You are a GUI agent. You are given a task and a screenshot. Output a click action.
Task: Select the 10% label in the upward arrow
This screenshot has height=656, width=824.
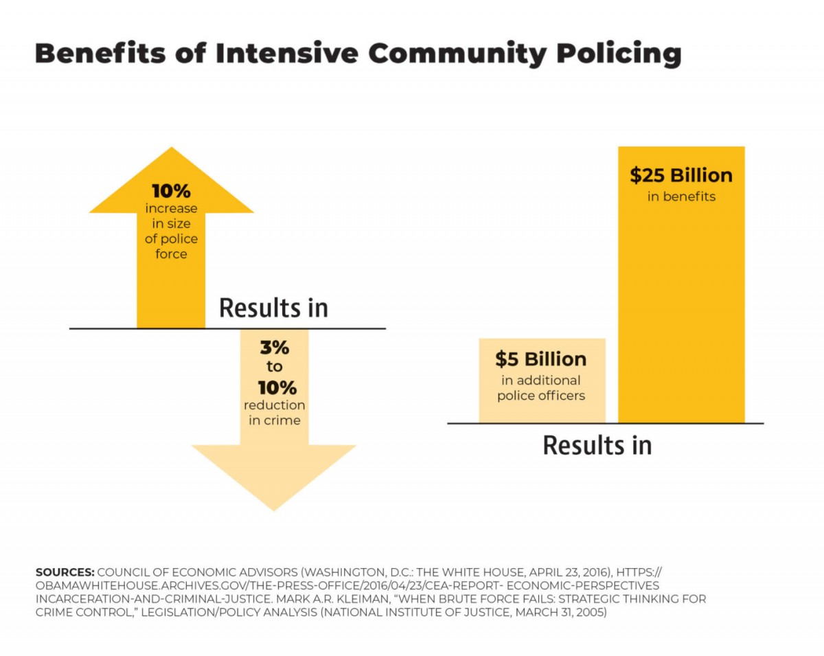point(171,191)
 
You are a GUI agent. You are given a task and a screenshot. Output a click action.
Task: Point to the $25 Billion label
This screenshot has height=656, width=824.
point(681,175)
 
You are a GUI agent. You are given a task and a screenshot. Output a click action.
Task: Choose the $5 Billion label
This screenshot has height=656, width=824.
point(541,359)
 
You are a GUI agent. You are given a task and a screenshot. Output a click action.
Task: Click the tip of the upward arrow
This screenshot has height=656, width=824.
point(172,150)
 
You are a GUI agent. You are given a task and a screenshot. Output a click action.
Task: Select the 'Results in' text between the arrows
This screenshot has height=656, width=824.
point(273,308)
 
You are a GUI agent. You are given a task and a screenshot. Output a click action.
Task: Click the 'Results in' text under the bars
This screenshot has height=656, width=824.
point(597,445)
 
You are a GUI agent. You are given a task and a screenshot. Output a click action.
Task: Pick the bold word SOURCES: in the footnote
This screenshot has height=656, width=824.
point(65,572)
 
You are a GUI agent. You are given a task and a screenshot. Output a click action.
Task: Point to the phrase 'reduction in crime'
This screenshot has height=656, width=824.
point(274,413)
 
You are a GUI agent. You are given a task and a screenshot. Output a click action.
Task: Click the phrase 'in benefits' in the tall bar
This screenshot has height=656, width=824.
point(681,197)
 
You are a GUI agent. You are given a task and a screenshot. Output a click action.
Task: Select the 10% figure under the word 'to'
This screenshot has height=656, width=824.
point(274,387)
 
